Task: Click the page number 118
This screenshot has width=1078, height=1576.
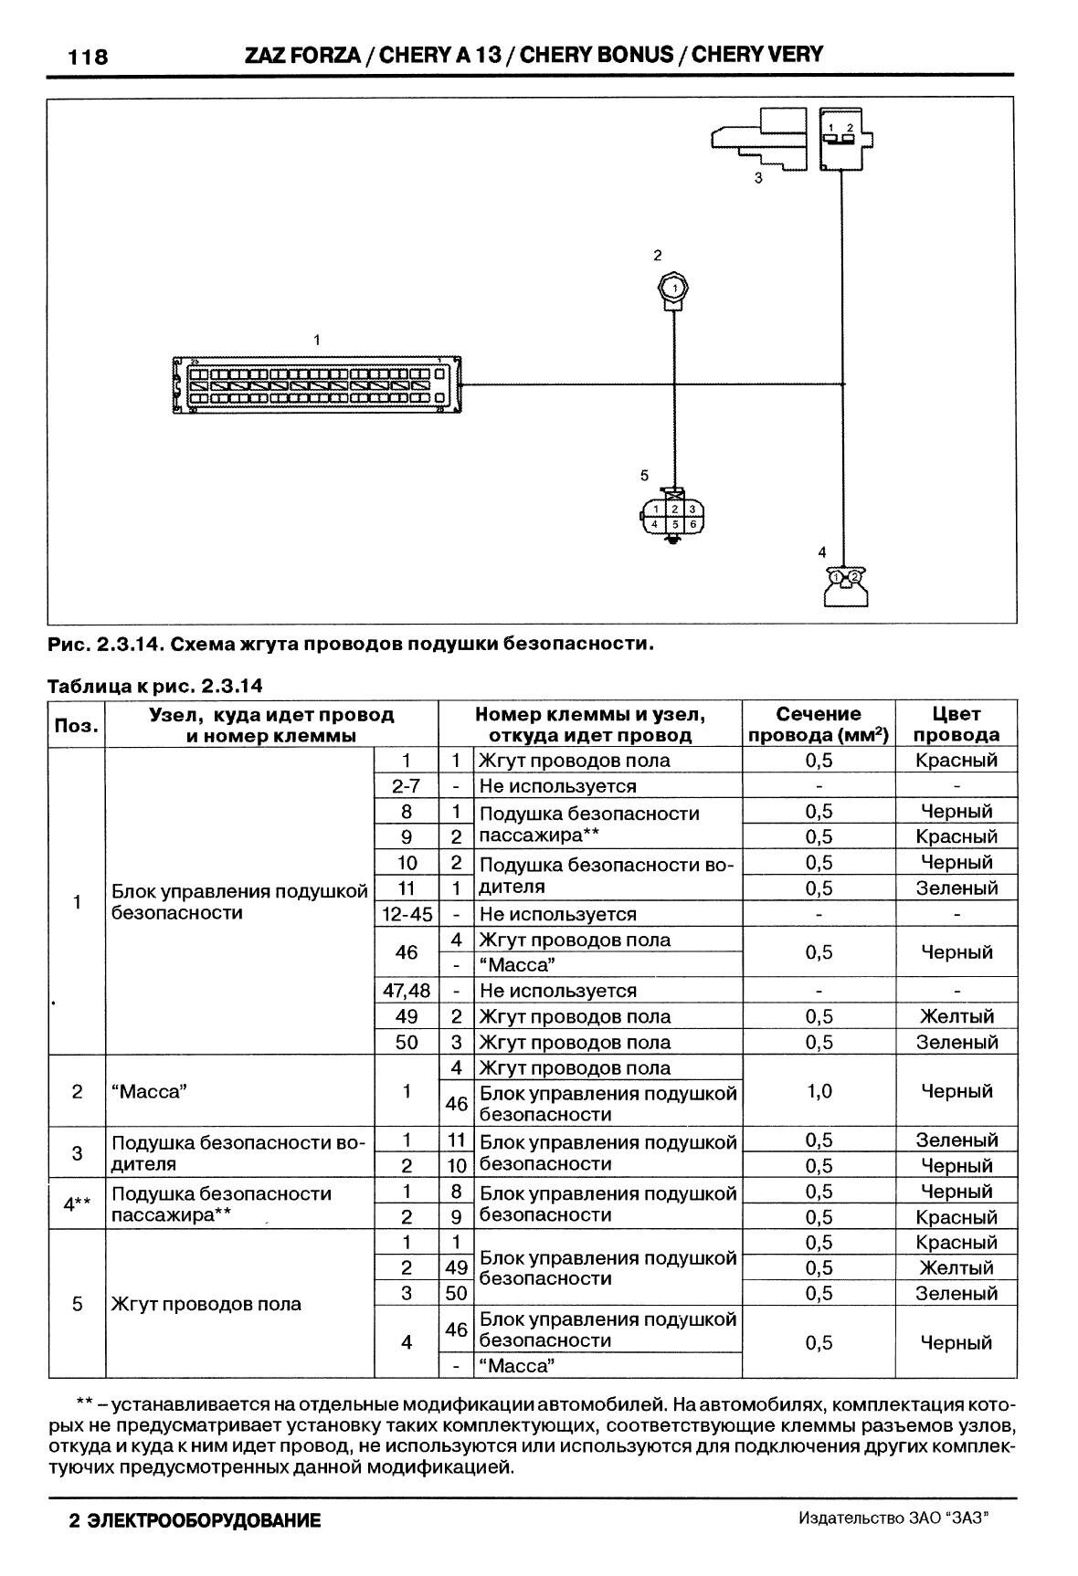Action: coord(89,58)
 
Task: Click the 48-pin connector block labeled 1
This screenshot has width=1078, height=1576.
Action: coord(316,386)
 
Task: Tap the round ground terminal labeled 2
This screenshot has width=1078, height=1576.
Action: coord(674,289)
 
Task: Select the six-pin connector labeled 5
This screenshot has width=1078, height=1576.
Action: coord(673,517)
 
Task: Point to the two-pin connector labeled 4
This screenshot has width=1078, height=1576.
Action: coord(847,584)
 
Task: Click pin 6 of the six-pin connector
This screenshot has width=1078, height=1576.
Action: coord(692,525)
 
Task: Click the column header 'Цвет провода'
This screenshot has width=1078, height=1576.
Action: coord(956,724)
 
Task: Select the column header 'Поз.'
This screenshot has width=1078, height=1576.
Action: coord(77,725)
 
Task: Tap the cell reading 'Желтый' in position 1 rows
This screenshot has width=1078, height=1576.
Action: coord(956,1016)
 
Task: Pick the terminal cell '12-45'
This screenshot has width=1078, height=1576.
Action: coord(407,914)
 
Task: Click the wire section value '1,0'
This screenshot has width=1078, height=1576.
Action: coord(819,1091)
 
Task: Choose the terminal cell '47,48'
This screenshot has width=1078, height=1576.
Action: coord(407,991)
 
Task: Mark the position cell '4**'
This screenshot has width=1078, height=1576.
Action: coord(77,1203)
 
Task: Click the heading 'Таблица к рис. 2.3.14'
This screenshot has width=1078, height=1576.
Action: coord(154,685)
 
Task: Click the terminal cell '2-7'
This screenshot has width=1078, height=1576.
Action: coord(407,786)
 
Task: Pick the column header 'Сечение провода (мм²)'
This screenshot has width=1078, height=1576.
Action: coord(819,724)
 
